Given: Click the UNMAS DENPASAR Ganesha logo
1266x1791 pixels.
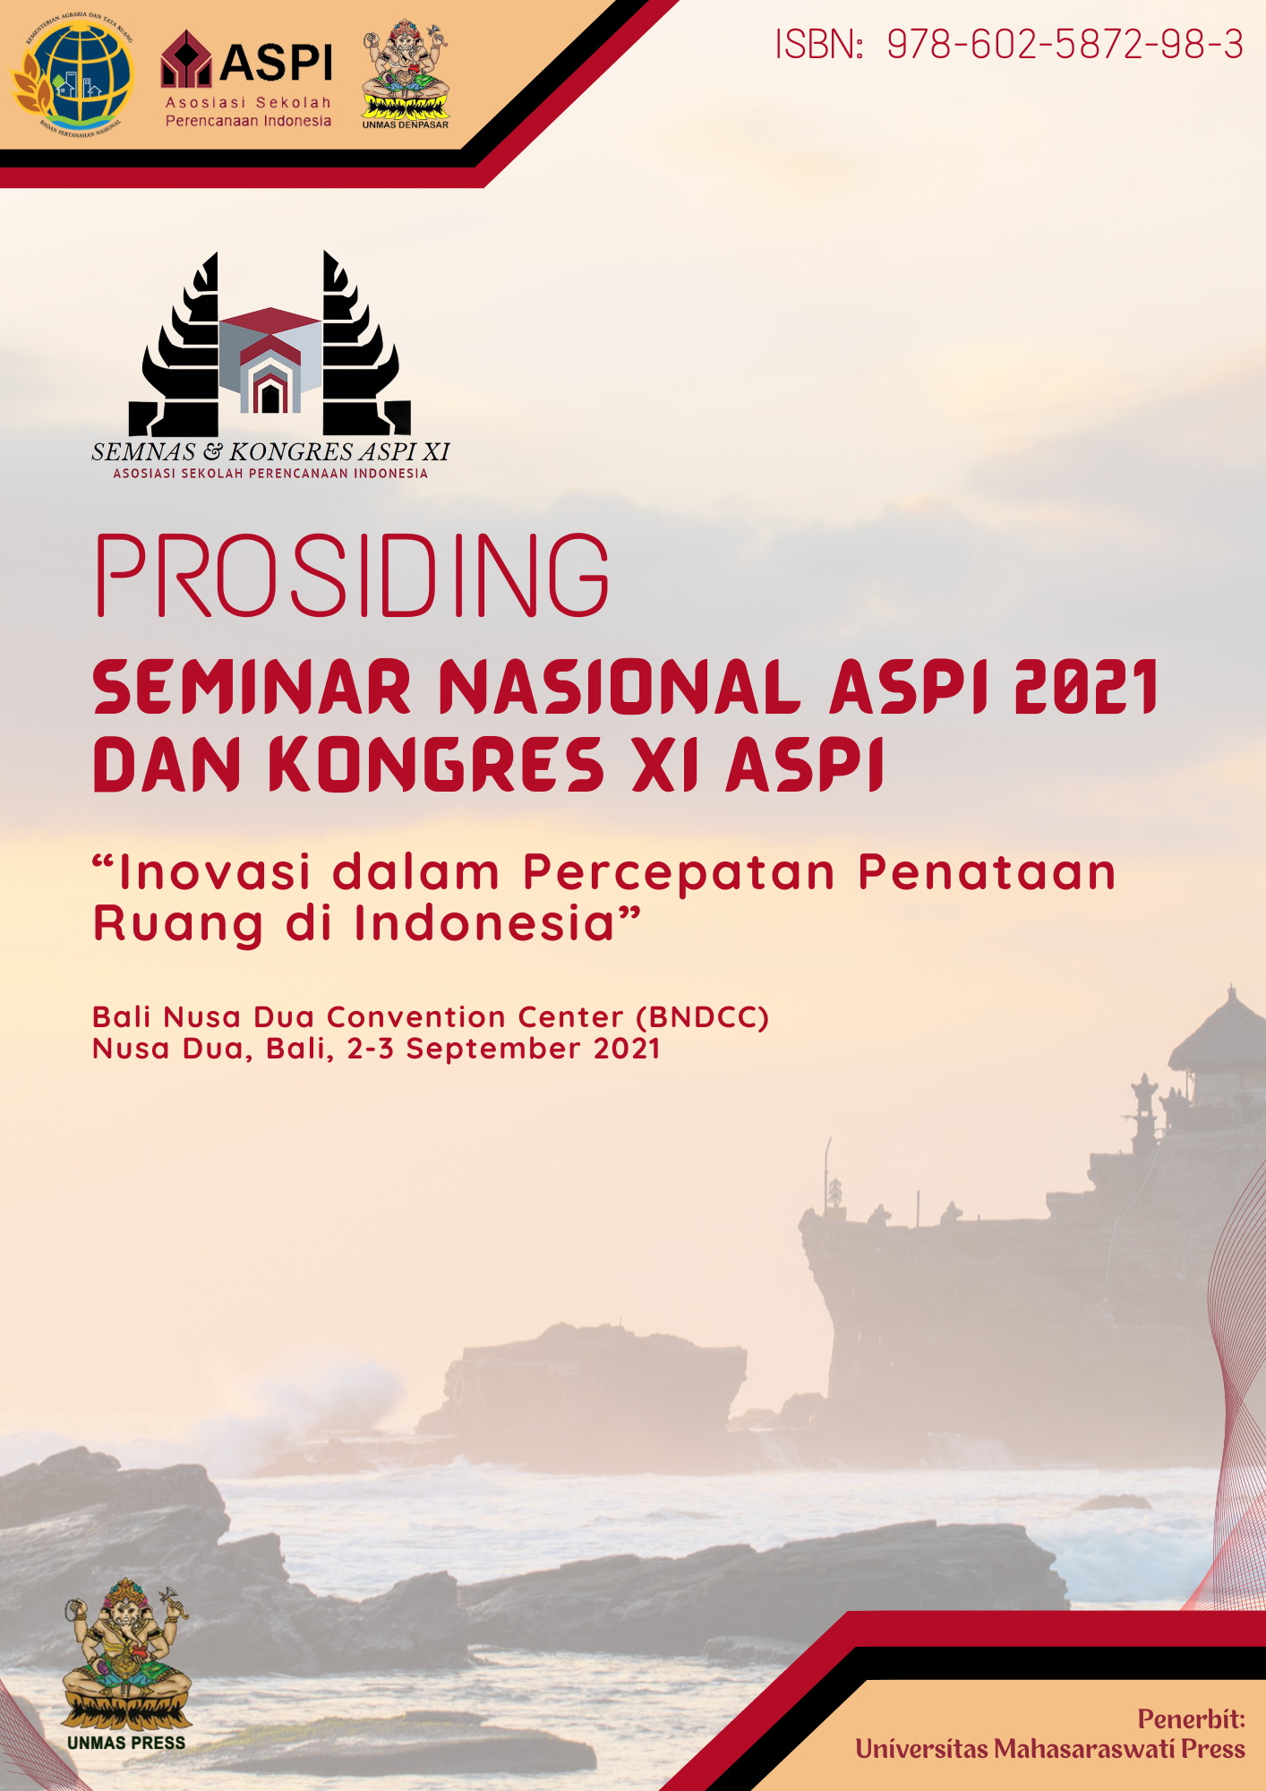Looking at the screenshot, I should click(x=406, y=73).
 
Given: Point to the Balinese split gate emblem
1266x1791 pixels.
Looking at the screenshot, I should click(x=269, y=346).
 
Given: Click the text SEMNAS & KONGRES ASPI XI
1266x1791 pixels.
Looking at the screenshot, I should click(x=270, y=452).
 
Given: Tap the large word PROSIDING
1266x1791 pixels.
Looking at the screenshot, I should click(x=352, y=576).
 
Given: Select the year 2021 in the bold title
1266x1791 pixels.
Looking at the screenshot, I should click(x=1086, y=688).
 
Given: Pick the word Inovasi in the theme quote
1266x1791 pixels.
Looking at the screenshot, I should click(x=215, y=872).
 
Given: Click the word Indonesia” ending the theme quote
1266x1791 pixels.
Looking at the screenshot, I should click(x=498, y=923).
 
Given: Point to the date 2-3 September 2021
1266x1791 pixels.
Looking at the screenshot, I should click(x=504, y=1049).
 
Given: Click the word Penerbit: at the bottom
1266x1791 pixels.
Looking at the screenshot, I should click(x=1191, y=1719).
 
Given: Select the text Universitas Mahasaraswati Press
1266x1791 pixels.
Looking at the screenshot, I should click(x=1049, y=1749).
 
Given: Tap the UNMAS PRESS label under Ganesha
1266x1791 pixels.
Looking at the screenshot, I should click(x=126, y=1743).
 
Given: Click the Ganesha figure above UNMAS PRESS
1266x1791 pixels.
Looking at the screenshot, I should click(x=126, y=1657).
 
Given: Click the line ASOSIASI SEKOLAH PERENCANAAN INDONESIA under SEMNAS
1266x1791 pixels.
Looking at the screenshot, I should click(x=270, y=474).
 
